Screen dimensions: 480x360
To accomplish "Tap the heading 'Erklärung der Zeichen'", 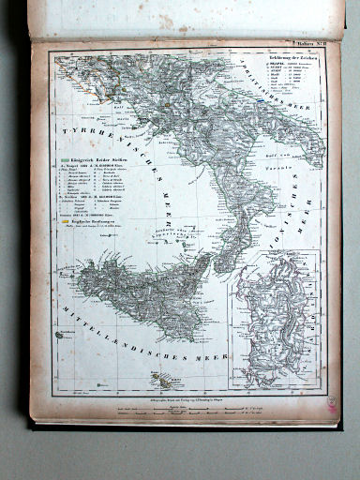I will click(303, 48).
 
